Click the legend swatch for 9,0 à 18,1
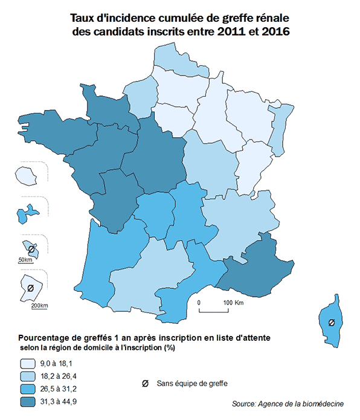27,363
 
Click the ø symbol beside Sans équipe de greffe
145,383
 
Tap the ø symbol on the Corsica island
331,323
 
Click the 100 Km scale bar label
233,302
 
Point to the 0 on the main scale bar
199,302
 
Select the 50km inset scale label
25,260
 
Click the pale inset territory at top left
25,176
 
